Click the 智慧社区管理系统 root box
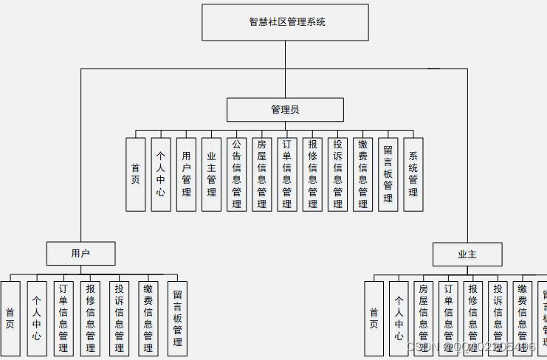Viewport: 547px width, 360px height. [285, 22]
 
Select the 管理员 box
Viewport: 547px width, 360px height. [285, 110]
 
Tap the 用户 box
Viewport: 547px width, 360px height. [80, 254]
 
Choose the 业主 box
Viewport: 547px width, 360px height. [467, 255]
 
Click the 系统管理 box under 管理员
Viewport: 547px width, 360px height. [413, 175]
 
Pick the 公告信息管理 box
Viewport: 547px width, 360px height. [236, 175]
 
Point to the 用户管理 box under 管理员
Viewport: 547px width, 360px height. [186, 175]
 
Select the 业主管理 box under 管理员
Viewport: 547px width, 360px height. [211, 175]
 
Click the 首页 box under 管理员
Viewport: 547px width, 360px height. [135, 175]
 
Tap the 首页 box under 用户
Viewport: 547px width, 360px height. [10, 319]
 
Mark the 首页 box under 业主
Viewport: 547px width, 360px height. [374, 319]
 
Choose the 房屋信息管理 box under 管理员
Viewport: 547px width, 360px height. [261, 175]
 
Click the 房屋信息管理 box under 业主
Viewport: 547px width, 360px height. [423, 319]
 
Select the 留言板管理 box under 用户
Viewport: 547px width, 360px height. [177, 319]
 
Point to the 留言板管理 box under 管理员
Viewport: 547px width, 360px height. [388, 175]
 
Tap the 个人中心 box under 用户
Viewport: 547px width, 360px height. [37, 319]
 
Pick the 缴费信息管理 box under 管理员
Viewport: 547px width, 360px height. [362, 175]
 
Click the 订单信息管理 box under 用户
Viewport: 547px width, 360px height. [63, 319]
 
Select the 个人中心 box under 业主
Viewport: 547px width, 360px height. [399, 319]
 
